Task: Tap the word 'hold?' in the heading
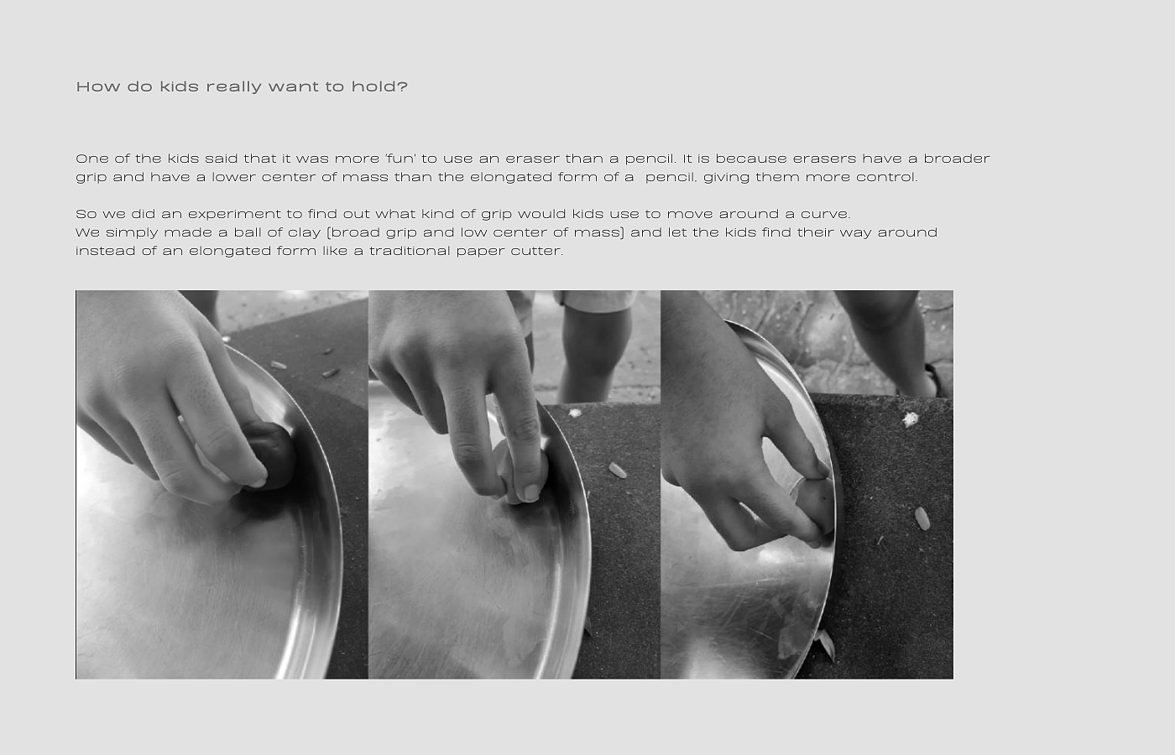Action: tap(379, 86)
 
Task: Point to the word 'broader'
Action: tap(957, 159)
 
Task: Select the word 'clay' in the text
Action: tap(305, 232)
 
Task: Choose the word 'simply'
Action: tap(133, 233)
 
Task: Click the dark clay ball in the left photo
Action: tap(269, 455)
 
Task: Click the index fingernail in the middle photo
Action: tap(530, 492)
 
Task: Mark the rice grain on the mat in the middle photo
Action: tap(618, 470)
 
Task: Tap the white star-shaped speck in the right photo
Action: tap(910, 419)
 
